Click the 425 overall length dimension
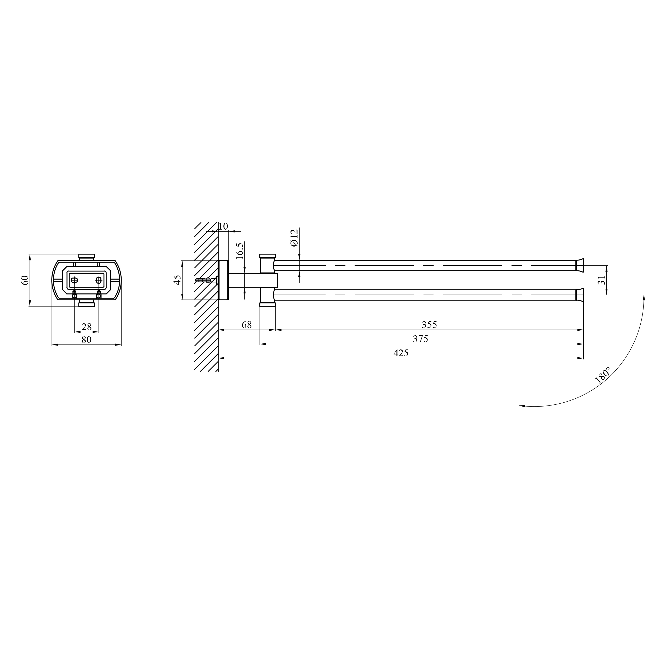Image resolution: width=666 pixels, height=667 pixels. (401, 353)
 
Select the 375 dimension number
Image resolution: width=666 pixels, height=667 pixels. (420, 339)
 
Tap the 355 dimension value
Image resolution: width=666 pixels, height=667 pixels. (429, 325)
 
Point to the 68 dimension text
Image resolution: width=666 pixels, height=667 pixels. (247, 325)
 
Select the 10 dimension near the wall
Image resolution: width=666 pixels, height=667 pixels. (223, 226)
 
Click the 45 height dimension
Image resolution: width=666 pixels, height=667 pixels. (177, 280)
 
